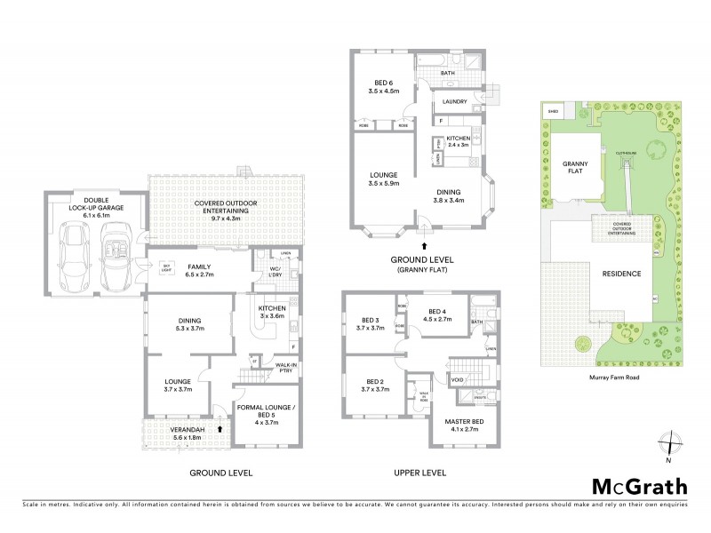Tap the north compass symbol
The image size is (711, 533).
tap(667, 445)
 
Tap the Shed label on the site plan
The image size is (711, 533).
tap(553, 111)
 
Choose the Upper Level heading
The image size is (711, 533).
tap(420, 473)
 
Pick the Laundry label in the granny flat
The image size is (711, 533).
tap(456, 101)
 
